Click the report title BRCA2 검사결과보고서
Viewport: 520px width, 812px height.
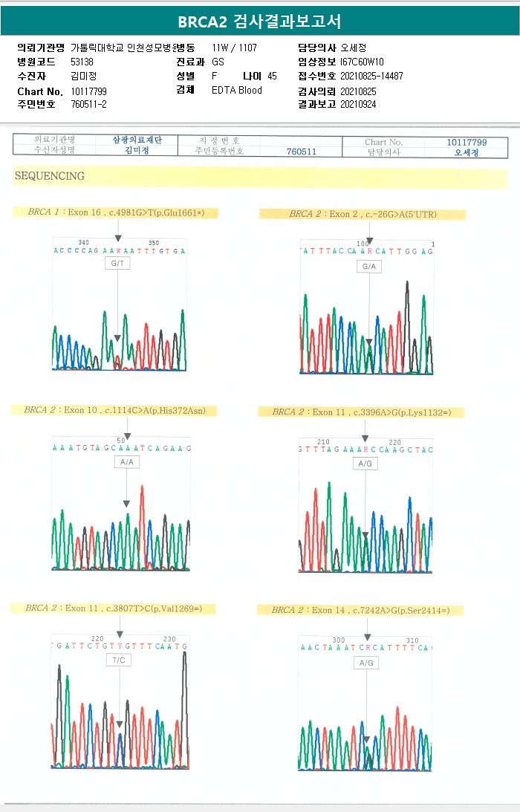(259, 22)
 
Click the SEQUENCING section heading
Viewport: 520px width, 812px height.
(49, 177)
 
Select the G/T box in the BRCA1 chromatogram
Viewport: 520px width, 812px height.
(117, 264)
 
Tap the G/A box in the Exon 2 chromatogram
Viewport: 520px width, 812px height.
(369, 267)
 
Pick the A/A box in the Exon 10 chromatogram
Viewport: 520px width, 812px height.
(126, 462)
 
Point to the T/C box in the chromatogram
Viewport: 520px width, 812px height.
(119, 660)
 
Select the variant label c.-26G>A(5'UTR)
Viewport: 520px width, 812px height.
(400, 215)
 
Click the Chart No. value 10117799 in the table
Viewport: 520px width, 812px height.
(467, 142)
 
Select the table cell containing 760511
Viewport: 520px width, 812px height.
(302, 152)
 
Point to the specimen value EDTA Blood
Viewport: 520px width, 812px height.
(236, 91)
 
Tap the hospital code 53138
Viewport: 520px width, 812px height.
(82, 62)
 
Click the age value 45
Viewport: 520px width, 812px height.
(272, 77)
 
